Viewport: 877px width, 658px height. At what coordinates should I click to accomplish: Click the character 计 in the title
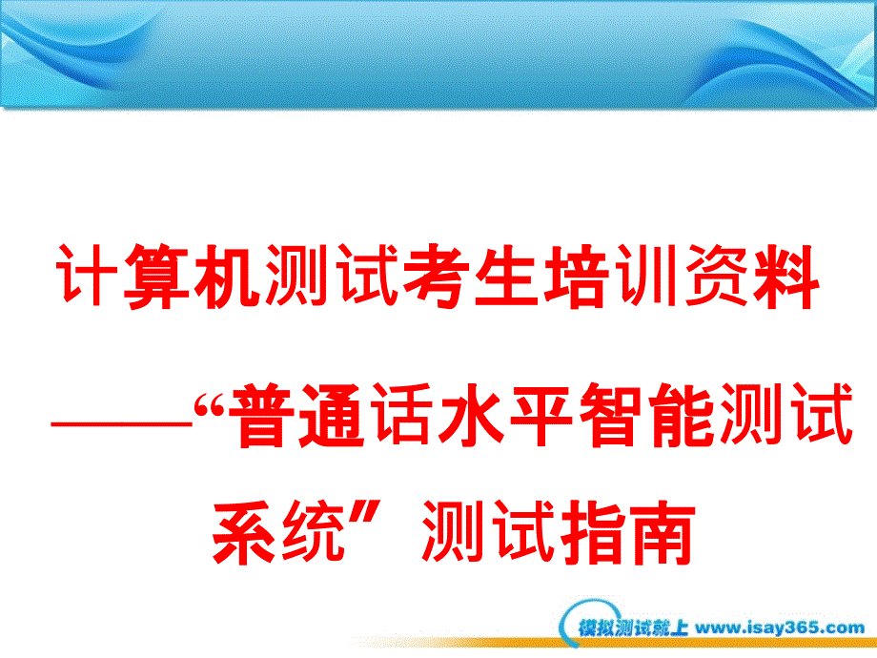click(x=88, y=276)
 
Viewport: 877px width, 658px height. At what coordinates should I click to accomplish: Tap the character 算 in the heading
click(x=156, y=277)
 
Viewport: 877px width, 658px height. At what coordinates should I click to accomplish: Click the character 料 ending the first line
click(x=785, y=276)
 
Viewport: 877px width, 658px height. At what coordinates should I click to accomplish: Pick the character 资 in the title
click(x=717, y=276)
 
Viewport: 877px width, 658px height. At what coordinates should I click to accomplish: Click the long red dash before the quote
click(x=122, y=424)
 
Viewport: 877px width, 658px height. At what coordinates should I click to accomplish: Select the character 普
click(x=262, y=415)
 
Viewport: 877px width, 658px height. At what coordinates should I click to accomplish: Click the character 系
click(x=246, y=532)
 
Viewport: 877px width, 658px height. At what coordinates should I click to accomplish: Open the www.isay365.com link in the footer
click(x=780, y=627)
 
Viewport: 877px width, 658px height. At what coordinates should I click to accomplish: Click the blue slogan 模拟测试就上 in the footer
click(x=633, y=627)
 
